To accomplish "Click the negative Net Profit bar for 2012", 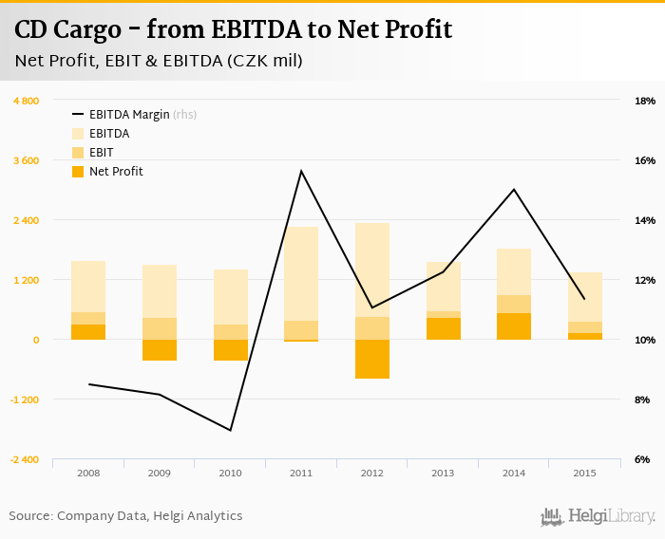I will pyautogui.click(x=371, y=359).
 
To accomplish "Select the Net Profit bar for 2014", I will pyautogui.click(x=514, y=326).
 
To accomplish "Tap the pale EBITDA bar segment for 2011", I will pyautogui.click(x=301, y=273).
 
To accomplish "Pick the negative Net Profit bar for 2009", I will pyautogui.click(x=160, y=350).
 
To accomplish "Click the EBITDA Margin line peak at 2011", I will pyautogui.click(x=301, y=171).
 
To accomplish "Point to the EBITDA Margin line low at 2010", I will pyautogui.click(x=230, y=430).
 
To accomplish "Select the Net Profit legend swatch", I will pyautogui.click(x=78, y=172).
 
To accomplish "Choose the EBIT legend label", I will pyautogui.click(x=102, y=153).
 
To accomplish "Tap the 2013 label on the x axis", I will pyautogui.click(x=443, y=473).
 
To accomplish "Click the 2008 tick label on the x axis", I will pyautogui.click(x=88, y=473).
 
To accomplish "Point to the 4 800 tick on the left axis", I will pyautogui.click(x=26, y=101).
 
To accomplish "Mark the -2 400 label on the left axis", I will pyautogui.click(x=25, y=459).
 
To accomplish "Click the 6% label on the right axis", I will pyautogui.click(x=643, y=459).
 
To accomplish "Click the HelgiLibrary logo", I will pyautogui.click(x=598, y=516).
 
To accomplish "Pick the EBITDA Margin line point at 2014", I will pyautogui.click(x=514, y=189).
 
